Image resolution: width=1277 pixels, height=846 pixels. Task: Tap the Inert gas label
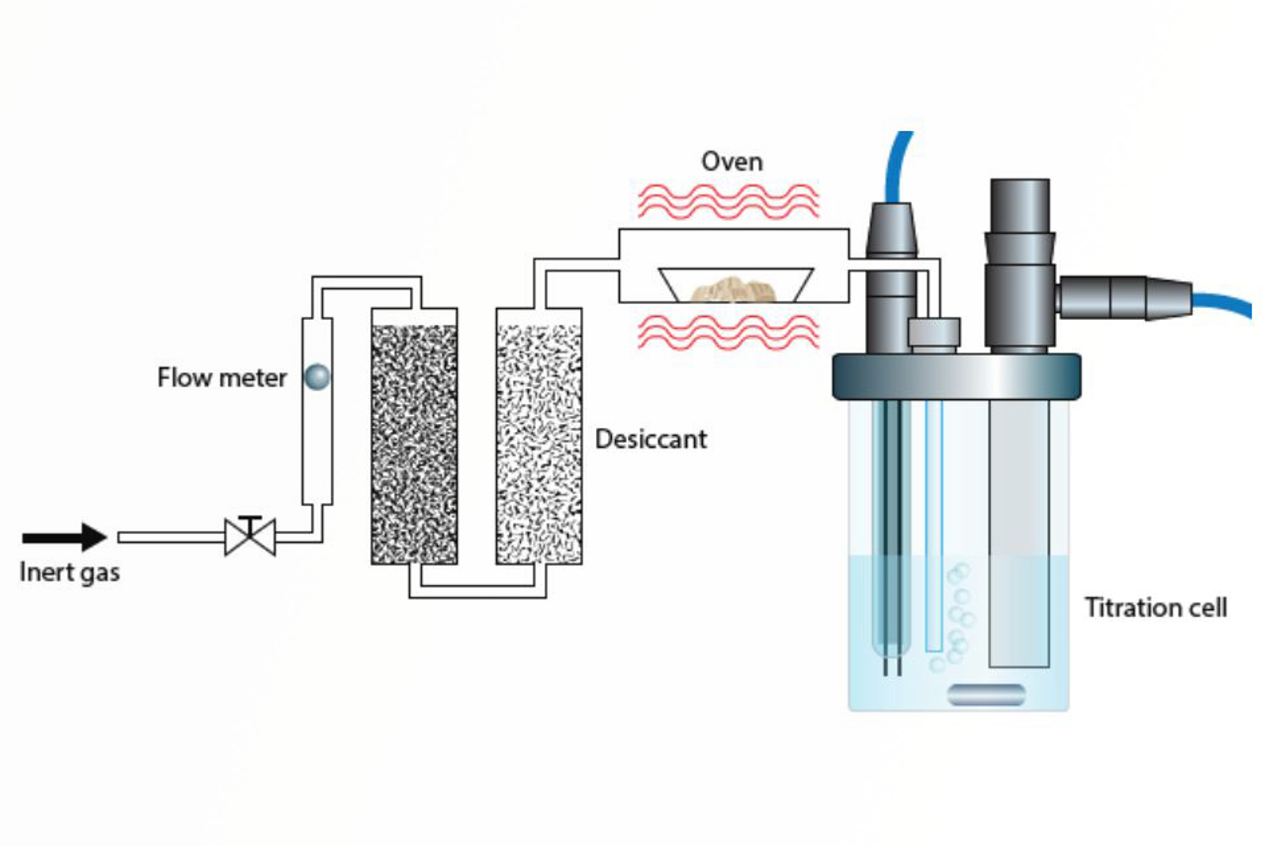point(69,572)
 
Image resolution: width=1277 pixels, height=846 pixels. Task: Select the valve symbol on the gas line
point(250,536)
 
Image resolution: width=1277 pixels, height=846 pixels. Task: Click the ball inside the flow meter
point(317,377)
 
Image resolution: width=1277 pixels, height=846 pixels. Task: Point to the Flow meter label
point(221,378)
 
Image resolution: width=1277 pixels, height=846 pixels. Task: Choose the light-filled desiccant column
point(539,443)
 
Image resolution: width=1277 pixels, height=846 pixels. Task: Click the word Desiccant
point(650,439)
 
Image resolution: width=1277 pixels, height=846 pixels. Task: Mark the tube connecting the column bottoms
point(477,591)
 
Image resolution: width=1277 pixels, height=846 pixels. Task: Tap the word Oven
point(731,162)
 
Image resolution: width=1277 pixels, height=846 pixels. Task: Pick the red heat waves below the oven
point(728,331)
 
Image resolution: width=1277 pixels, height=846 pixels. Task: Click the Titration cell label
point(1155,608)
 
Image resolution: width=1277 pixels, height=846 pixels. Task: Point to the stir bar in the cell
point(986,694)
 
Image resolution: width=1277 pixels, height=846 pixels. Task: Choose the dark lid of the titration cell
point(956,377)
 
